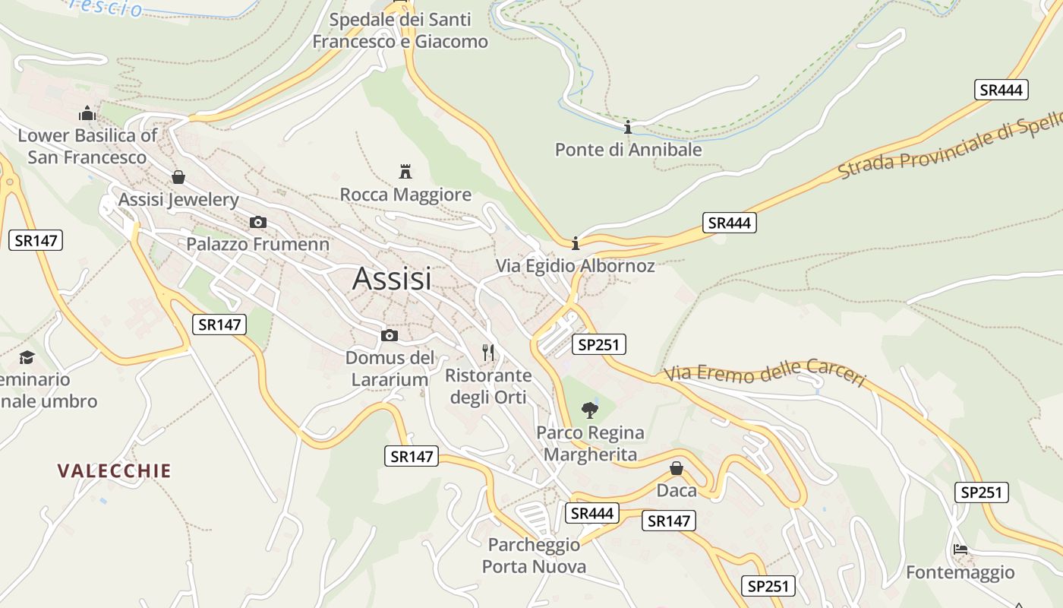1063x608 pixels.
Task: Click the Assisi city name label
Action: [x=392, y=279]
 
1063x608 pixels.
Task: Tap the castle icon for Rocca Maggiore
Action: [x=405, y=171]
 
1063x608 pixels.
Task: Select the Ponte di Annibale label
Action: [x=628, y=150]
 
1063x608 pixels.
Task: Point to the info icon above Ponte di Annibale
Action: [x=628, y=127]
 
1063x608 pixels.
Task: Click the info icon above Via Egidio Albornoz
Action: [x=576, y=243]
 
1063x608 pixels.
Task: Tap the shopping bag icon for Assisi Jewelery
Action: [x=178, y=177]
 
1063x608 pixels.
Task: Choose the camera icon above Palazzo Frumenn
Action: [x=258, y=222]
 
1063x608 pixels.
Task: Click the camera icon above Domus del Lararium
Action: [x=390, y=335]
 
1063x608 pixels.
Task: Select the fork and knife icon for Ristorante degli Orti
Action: [x=488, y=352]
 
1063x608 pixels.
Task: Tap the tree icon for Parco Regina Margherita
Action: [x=590, y=410]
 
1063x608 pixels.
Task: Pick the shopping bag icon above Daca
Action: [x=677, y=468]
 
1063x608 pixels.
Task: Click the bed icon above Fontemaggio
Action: [x=960, y=549]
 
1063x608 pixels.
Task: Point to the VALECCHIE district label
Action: [x=115, y=470]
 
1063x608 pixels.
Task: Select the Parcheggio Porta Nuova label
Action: [x=535, y=556]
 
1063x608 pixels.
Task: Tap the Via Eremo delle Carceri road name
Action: [x=765, y=374]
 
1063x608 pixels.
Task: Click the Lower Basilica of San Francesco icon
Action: [x=88, y=114]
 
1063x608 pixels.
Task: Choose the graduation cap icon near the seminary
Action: [x=27, y=357]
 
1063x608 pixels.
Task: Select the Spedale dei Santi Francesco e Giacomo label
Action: [x=400, y=30]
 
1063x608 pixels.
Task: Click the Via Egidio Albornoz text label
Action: [x=575, y=266]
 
